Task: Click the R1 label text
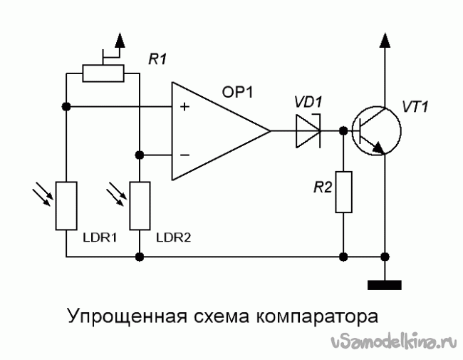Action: [x=157, y=61]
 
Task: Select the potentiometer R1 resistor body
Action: [x=103, y=73]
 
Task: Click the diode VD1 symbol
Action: [x=308, y=131]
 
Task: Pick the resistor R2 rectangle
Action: [x=344, y=192]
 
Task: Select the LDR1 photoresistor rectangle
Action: [x=66, y=206]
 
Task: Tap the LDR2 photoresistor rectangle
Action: [x=140, y=206]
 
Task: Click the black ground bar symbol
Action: [x=385, y=286]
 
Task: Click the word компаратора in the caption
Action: [x=314, y=315]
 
